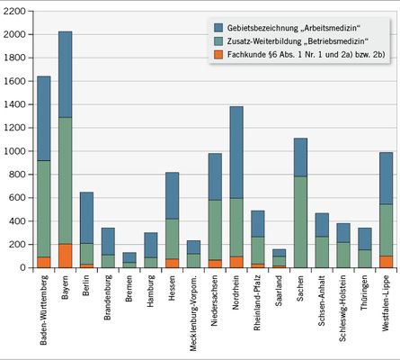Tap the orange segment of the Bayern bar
pos(65,255)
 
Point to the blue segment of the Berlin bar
pos(86,217)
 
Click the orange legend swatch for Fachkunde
pos(218,55)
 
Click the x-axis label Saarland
pos(279,292)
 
